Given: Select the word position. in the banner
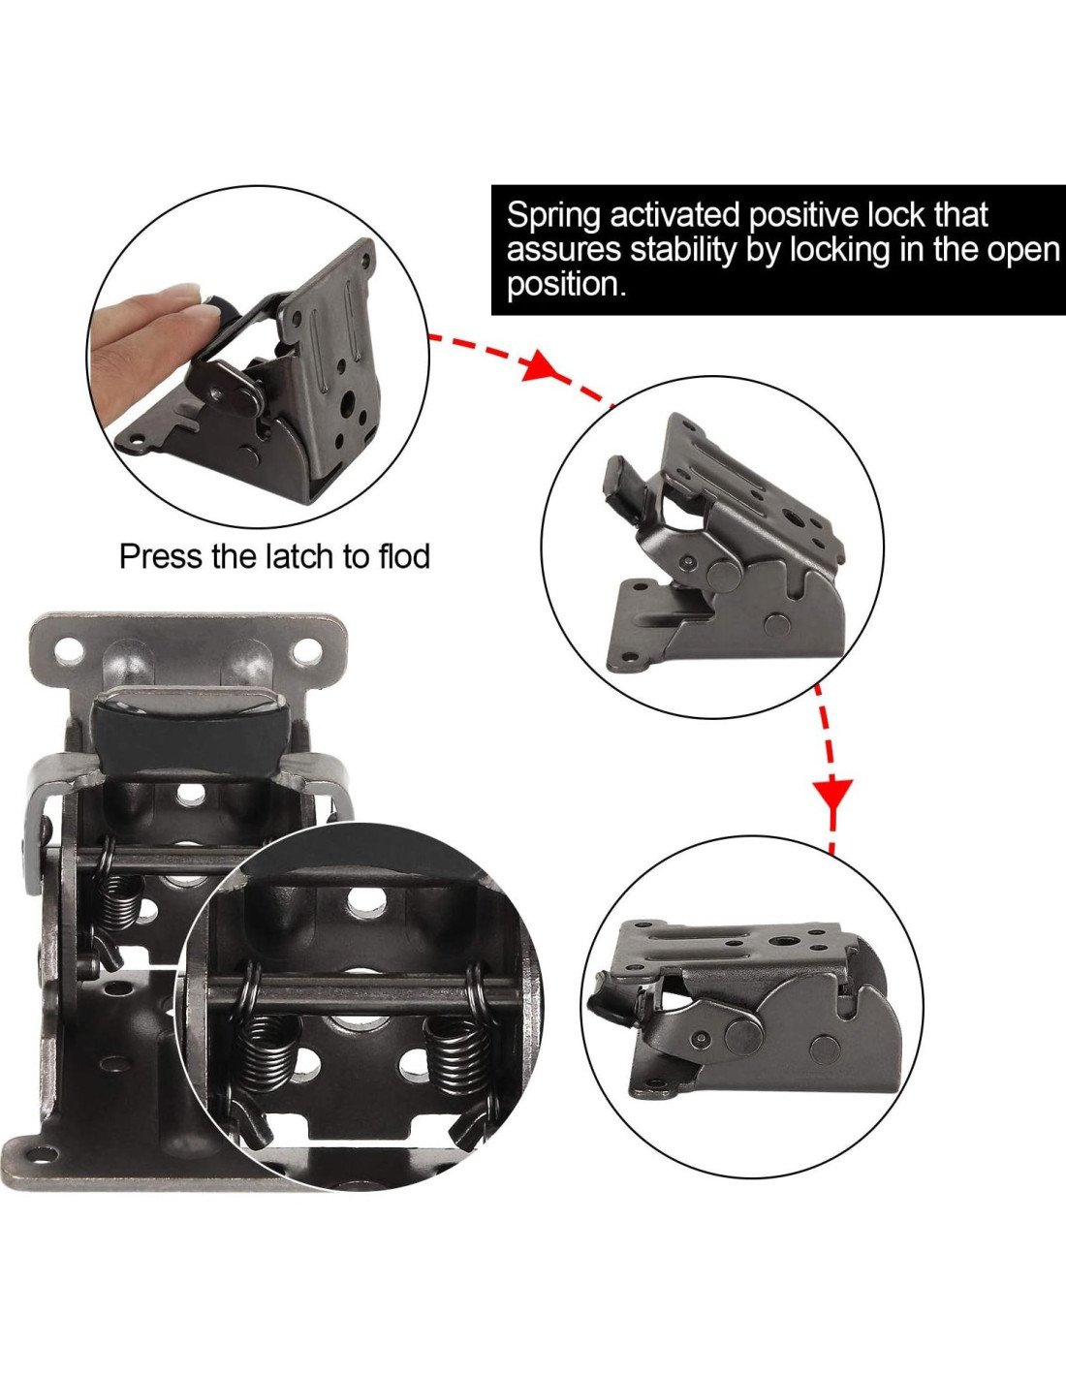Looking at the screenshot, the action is [566, 285].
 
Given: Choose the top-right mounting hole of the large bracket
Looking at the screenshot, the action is [307, 648].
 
